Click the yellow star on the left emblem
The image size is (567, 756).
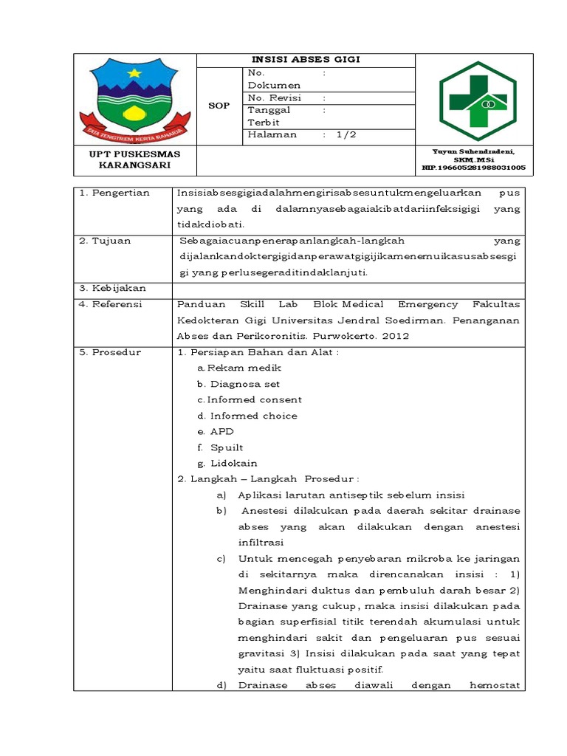coord(134,72)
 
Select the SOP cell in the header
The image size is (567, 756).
coord(219,106)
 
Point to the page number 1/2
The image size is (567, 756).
coord(346,134)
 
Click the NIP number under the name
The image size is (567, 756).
coord(473,168)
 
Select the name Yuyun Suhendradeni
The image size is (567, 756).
coord(473,151)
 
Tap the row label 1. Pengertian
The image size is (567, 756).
coord(116,193)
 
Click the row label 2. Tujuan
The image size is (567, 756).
coord(107,241)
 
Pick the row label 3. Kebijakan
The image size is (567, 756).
coord(114,288)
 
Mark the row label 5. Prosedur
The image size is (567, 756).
coord(112,352)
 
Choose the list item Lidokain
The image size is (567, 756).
coord(233,463)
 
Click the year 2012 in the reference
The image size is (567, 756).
coord(394,336)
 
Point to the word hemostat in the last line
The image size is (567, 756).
coord(495,685)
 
